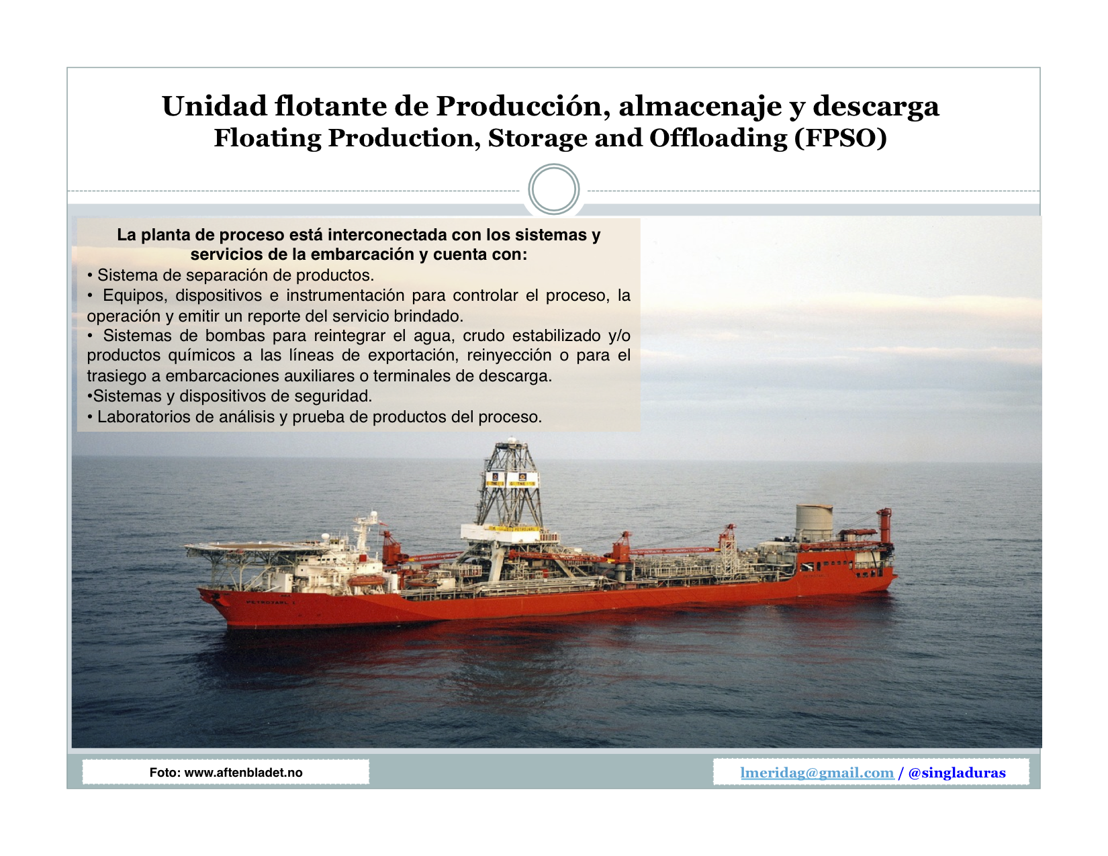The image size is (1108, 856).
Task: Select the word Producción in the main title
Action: point(524,106)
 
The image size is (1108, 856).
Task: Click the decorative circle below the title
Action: point(554,189)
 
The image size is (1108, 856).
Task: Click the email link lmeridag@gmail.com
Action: point(817,773)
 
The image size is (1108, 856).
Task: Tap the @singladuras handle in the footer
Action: point(957,773)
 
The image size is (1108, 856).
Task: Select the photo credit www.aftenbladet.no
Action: point(243,772)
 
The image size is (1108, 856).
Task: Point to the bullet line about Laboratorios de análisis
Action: point(314,417)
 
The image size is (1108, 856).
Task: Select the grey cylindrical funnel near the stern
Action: point(815,522)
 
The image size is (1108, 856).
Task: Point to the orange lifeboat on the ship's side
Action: point(365,581)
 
